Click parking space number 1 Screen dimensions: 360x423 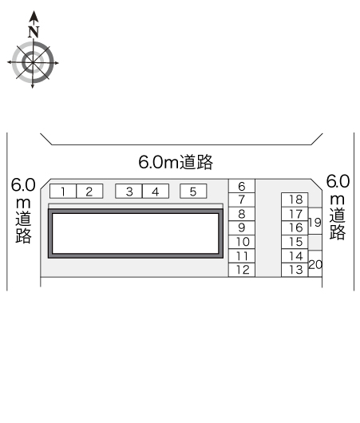point(63,192)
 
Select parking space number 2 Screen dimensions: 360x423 point(89,192)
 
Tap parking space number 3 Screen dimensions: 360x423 point(129,192)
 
